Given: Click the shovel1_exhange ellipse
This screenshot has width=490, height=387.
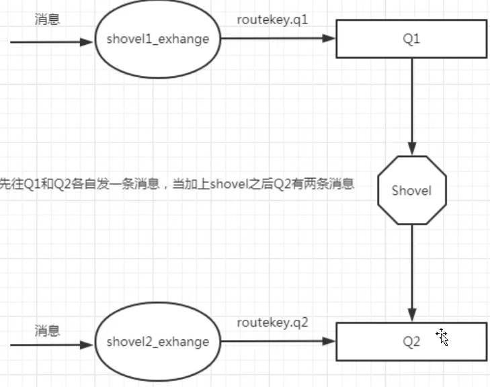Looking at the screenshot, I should (x=157, y=39).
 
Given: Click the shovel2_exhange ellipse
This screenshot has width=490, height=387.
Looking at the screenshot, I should (x=157, y=342).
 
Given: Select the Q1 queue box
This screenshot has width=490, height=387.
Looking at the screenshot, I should (x=411, y=39).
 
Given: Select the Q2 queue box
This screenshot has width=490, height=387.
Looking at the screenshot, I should (x=411, y=341).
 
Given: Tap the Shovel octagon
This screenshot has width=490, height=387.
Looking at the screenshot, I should (x=411, y=190).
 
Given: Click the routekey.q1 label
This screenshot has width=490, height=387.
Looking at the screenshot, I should (x=272, y=19).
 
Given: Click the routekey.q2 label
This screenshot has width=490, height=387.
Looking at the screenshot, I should (x=272, y=322).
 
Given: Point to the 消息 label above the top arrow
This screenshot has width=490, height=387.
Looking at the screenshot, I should (x=47, y=19).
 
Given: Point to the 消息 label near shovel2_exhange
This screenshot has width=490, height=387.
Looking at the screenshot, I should (x=47, y=331).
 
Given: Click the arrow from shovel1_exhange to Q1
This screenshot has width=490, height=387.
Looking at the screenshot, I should (x=276, y=39).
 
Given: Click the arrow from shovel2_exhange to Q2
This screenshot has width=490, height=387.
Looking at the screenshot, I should (x=276, y=342).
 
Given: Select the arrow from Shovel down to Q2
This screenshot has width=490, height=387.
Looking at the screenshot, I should (x=411, y=269).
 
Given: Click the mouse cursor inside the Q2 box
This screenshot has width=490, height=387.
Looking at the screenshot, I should (x=442, y=337).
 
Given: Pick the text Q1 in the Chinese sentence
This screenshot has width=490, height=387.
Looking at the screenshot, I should (x=31, y=183).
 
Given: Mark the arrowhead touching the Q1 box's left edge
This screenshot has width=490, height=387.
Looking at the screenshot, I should (x=329, y=39).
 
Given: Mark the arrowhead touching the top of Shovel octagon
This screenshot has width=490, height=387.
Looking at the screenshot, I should (x=411, y=150).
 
